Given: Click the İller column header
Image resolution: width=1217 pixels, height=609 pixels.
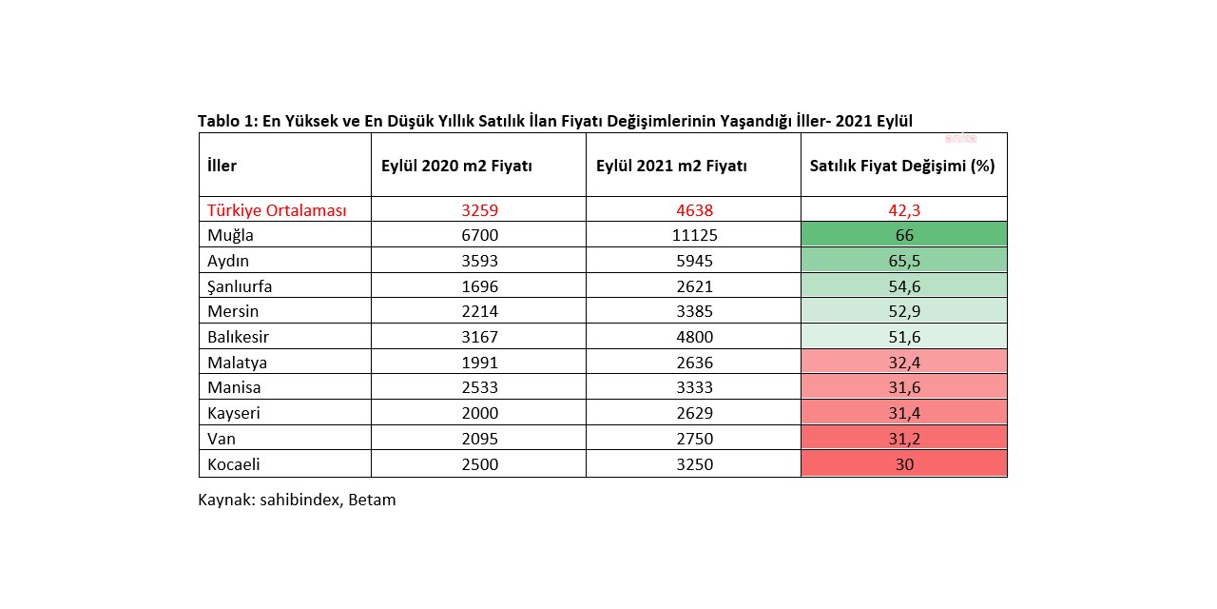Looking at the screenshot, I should (222, 166).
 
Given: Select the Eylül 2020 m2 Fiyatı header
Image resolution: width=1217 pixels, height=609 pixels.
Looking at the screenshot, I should (456, 166).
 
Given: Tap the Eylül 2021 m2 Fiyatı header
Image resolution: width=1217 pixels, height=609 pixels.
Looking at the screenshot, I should (671, 166).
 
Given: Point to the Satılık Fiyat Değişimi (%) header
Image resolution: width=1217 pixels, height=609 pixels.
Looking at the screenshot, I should (902, 166).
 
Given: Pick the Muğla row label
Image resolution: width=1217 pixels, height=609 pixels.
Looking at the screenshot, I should (233, 235).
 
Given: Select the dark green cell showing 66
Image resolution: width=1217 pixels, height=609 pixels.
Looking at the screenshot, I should (903, 235).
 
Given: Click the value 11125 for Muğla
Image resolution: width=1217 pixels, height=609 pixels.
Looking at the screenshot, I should (692, 235).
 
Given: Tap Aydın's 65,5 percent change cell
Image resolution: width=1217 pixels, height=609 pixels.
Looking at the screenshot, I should (903, 261).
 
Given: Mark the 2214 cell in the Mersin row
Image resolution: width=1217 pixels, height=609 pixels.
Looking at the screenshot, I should (479, 311).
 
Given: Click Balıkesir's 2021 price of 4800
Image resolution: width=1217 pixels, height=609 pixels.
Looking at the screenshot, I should (692, 337).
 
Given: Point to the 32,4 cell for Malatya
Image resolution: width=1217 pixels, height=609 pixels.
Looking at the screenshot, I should (903, 363).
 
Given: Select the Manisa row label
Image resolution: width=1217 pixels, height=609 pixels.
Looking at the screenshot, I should (234, 387).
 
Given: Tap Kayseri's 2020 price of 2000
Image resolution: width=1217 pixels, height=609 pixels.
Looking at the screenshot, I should (479, 413).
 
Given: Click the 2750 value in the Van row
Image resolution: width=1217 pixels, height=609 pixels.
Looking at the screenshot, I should (692, 439).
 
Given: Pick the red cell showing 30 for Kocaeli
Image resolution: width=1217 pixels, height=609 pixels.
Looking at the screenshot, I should (903, 464).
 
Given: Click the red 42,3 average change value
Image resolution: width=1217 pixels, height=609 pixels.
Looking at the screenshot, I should (903, 210).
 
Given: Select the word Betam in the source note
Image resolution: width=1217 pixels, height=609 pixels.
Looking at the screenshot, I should (373, 500).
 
